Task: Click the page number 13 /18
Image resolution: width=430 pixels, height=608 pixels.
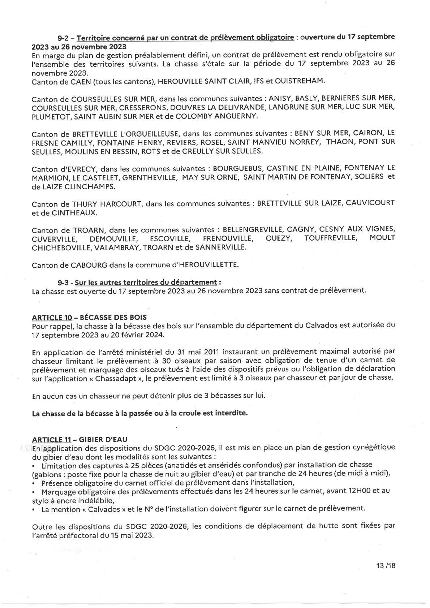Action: [386, 566]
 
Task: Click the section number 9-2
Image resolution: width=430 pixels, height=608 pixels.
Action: [65, 38]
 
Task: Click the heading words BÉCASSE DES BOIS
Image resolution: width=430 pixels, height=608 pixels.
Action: [113, 318]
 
